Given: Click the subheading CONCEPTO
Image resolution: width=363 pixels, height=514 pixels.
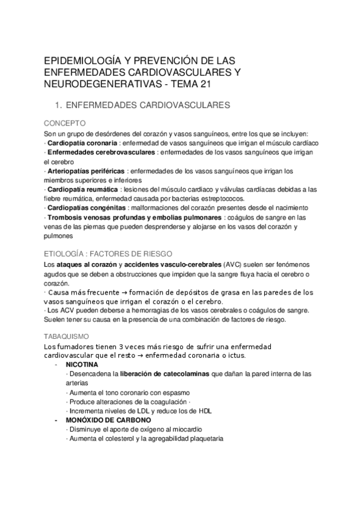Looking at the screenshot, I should pos(64,122).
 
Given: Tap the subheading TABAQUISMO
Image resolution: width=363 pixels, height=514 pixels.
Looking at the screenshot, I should pos(67,335).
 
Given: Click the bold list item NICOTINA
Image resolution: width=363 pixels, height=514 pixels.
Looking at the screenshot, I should pos(82,365).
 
